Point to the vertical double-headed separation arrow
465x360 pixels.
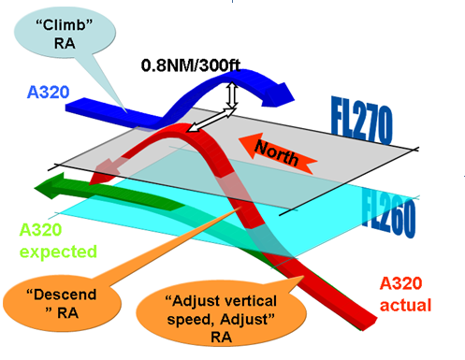pos(230,94)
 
